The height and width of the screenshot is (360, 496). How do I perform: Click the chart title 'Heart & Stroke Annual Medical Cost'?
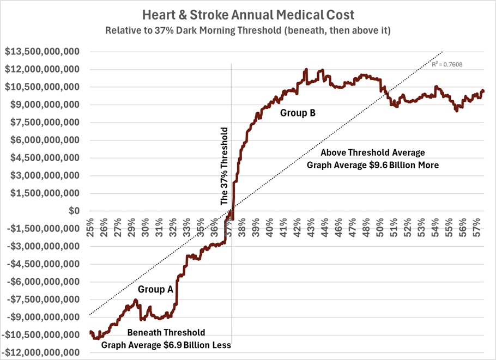[247, 14]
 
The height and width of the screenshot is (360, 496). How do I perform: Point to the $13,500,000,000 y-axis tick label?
[42, 52]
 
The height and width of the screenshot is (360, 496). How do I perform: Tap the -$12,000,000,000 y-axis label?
[41, 352]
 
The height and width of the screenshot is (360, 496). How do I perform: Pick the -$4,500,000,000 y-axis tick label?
[44, 264]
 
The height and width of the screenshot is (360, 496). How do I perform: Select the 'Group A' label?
[155, 290]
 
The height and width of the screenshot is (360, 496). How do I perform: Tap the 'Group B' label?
[298, 113]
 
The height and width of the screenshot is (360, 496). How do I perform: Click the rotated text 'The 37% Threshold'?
[224, 166]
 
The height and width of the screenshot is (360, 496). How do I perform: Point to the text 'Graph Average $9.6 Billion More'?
[373, 164]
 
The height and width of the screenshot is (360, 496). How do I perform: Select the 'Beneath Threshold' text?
[166, 332]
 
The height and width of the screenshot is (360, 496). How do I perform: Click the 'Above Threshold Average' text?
[373, 152]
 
